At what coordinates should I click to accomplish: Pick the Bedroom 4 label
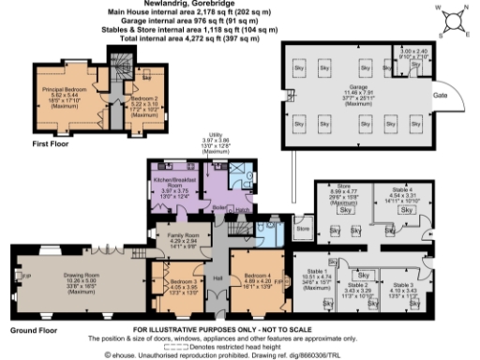pyautogui.click(x=259, y=274)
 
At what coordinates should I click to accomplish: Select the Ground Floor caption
pyautogui.click(x=30, y=330)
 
